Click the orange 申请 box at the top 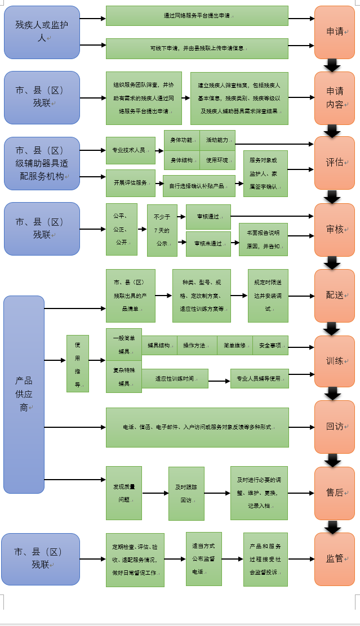[334, 32]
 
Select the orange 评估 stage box [334, 163]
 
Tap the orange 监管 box [334, 559]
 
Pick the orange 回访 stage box [334, 427]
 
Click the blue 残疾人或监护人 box [42, 32]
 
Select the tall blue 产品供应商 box [24, 394]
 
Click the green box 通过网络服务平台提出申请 [197, 16]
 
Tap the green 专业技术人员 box [130, 150]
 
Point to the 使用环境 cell [217, 160]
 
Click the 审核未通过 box [208, 244]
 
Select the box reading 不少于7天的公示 [162, 230]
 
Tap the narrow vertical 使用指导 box [77, 364]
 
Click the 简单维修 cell [234, 346]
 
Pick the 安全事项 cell [270, 346]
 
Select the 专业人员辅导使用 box [259, 379]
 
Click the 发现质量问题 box [123, 493]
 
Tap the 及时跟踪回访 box [186, 494]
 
